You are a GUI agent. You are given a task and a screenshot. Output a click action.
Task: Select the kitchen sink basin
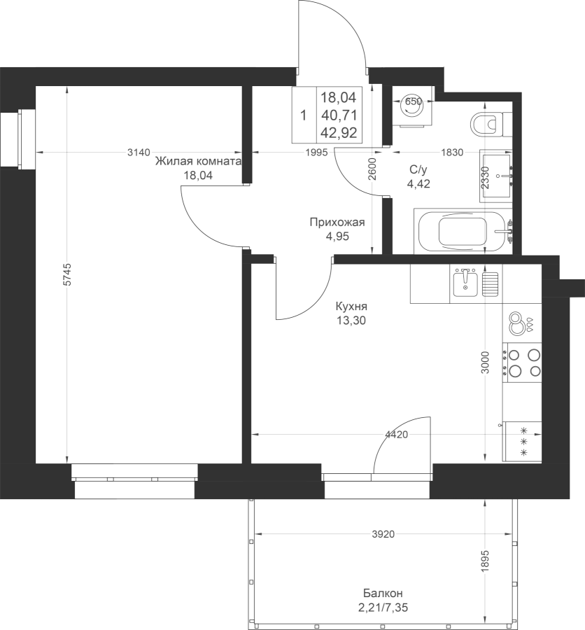(x=465, y=283)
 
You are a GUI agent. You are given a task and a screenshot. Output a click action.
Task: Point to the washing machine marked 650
(x=414, y=107)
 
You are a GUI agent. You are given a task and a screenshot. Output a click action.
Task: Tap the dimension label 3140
(x=139, y=153)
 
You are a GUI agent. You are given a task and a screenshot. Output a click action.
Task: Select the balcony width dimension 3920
(x=383, y=534)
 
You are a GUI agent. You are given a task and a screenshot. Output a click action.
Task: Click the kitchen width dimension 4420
(x=397, y=434)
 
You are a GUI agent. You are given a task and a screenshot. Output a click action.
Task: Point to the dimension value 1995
(x=316, y=153)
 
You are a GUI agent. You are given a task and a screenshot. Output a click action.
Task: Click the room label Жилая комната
(x=199, y=162)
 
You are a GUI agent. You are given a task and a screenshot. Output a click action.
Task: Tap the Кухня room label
(x=351, y=307)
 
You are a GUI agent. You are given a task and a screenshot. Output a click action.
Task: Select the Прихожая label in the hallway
(x=337, y=222)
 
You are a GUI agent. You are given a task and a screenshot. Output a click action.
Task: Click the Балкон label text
(x=383, y=593)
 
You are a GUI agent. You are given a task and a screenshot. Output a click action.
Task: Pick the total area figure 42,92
(x=339, y=132)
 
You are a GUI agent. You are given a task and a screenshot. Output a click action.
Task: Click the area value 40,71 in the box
(x=339, y=115)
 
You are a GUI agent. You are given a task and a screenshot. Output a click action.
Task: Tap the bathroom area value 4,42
(x=418, y=184)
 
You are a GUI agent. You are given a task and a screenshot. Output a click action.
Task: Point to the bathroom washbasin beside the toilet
(x=496, y=176)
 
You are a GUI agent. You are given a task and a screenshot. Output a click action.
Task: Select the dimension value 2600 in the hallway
(x=372, y=169)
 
